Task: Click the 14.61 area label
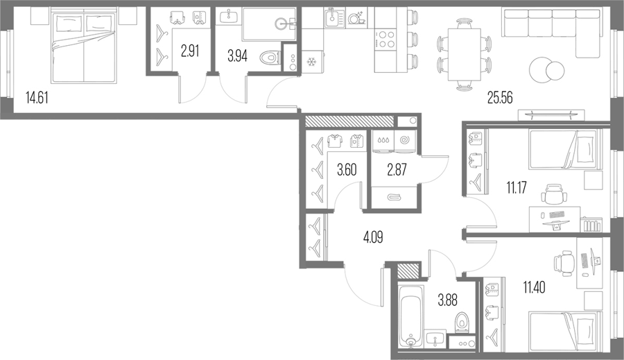pyautogui.click(x=37, y=98)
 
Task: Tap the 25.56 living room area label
pyautogui.click(x=500, y=98)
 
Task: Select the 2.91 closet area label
pyautogui.click(x=190, y=51)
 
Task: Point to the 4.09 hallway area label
pyautogui.click(x=373, y=238)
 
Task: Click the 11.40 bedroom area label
pyautogui.click(x=534, y=286)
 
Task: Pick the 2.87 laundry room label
pyautogui.click(x=397, y=170)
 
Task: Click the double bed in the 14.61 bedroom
pyautogui.click(x=84, y=47)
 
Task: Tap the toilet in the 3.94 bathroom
pyautogui.click(x=270, y=58)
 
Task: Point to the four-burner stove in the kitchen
pyautogui.click(x=386, y=39)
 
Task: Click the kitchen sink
pyautogui.click(x=334, y=18)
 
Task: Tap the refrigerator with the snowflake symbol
pyautogui.click(x=311, y=62)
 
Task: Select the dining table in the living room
pyautogui.click(x=465, y=54)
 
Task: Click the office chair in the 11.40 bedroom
pyautogui.click(x=564, y=263)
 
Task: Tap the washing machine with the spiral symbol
pyautogui.click(x=405, y=142)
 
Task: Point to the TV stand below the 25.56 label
pyautogui.click(x=552, y=114)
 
